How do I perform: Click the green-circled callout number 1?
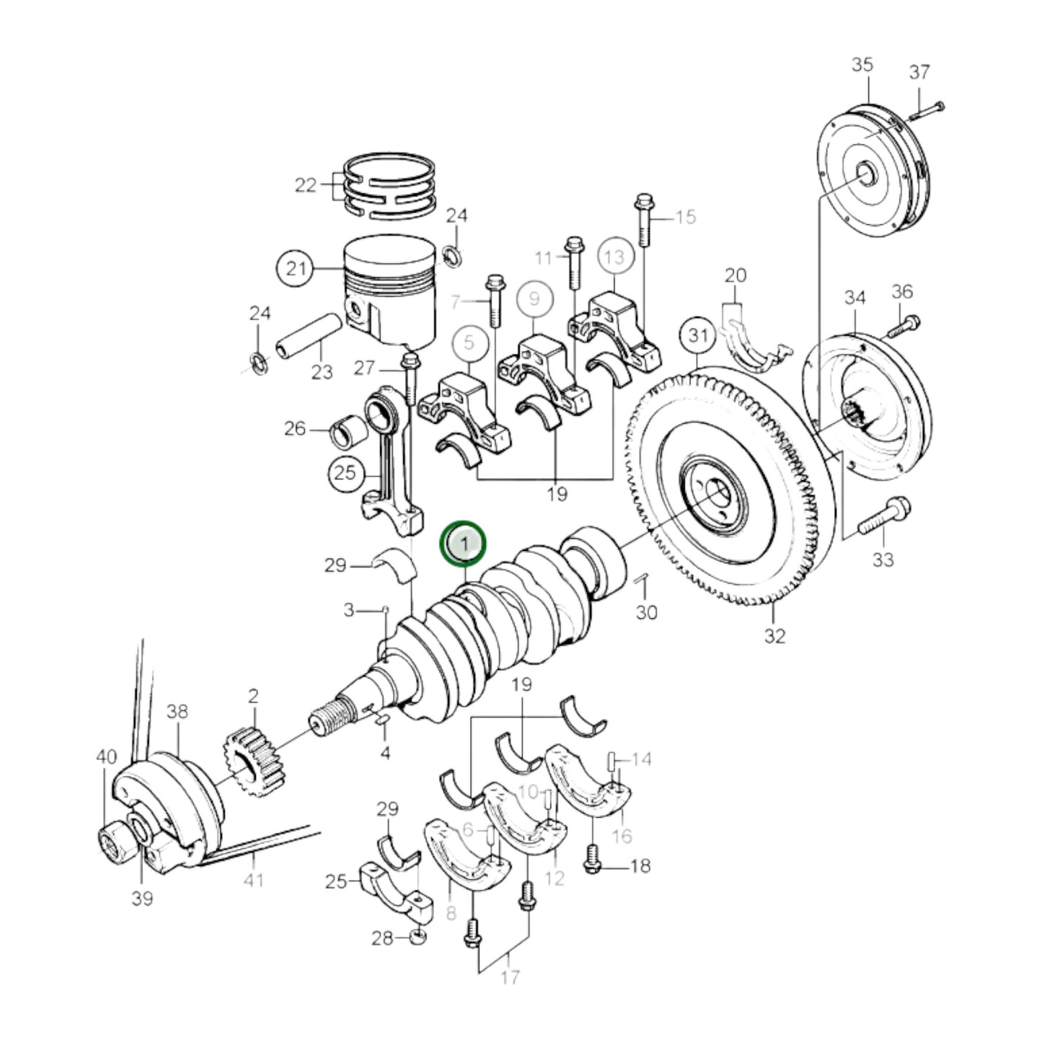pyautogui.click(x=464, y=542)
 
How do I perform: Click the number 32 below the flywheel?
pyautogui.click(x=774, y=635)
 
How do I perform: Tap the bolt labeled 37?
pyautogui.click(x=927, y=111)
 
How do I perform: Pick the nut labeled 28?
pyautogui.click(x=417, y=937)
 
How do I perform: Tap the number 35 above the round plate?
pyautogui.click(x=862, y=64)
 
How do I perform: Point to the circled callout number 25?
pyautogui.click(x=346, y=473)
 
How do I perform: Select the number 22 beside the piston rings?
pyautogui.click(x=306, y=185)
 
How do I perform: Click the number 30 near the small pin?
pyautogui.click(x=646, y=611)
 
